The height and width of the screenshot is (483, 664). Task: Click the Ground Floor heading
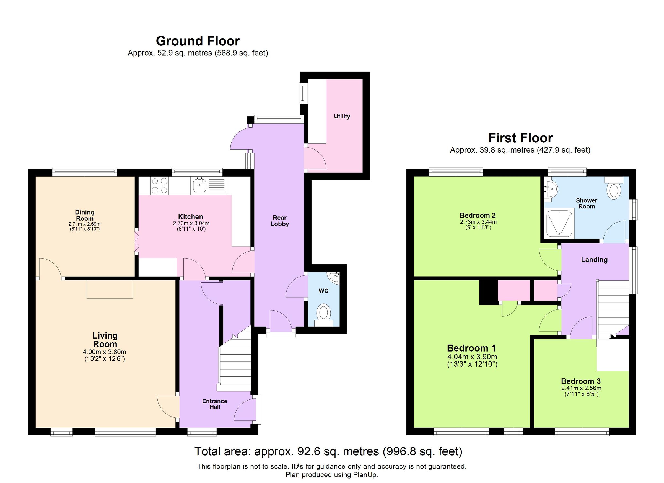tap(198, 41)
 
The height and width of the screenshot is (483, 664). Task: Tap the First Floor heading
tap(520, 138)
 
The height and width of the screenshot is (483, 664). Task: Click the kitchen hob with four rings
tap(160, 186)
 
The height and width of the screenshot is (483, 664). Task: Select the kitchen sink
tap(200, 185)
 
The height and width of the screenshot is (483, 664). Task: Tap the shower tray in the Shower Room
tap(559, 223)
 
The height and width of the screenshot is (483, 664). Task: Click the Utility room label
tap(342, 116)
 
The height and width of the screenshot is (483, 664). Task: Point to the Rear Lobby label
tap(279, 221)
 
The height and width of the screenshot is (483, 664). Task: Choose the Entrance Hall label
tap(214, 404)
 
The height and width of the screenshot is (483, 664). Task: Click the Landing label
tap(594, 260)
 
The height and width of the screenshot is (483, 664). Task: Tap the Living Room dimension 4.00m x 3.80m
tap(105, 352)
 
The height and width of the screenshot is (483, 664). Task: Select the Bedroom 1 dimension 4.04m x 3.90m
tap(472, 357)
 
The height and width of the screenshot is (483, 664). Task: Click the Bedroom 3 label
tap(580, 381)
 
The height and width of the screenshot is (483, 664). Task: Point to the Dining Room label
tap(85, 215)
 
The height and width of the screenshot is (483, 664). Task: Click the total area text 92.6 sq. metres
tap(328, 451)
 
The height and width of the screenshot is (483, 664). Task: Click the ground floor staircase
tap(235, 366)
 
